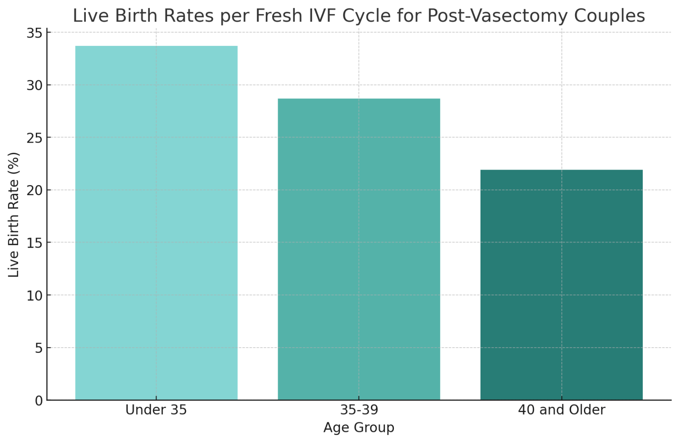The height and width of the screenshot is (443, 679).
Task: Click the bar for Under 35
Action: click(x=156, y=223)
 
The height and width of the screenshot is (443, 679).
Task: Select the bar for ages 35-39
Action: click(x=359, y=249)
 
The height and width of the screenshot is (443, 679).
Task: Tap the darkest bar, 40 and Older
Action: click(x=561, y=285)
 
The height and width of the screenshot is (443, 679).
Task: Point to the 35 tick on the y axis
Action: click(x=35, y=34)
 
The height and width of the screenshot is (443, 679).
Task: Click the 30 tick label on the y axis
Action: click(x=35, y=85)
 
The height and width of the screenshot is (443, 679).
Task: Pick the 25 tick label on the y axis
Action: click(x=35, y=138)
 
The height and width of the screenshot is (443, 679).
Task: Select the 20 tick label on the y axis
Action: click(x=35, y=190)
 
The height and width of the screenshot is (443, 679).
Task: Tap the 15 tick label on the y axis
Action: click(x=35, y=243)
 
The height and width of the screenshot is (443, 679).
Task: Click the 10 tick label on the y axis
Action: click(x=35, y=295)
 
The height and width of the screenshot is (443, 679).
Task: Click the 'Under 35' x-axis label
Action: click(x=156, y=410)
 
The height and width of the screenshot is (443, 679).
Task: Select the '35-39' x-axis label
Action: click(x=359, y=410)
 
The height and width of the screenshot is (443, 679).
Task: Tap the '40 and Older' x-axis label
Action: click(x=561, y=410)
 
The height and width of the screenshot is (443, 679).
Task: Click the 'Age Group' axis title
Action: click(x=359, y=428)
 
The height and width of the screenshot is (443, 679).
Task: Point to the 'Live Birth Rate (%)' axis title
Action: click(x=14, y=215)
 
